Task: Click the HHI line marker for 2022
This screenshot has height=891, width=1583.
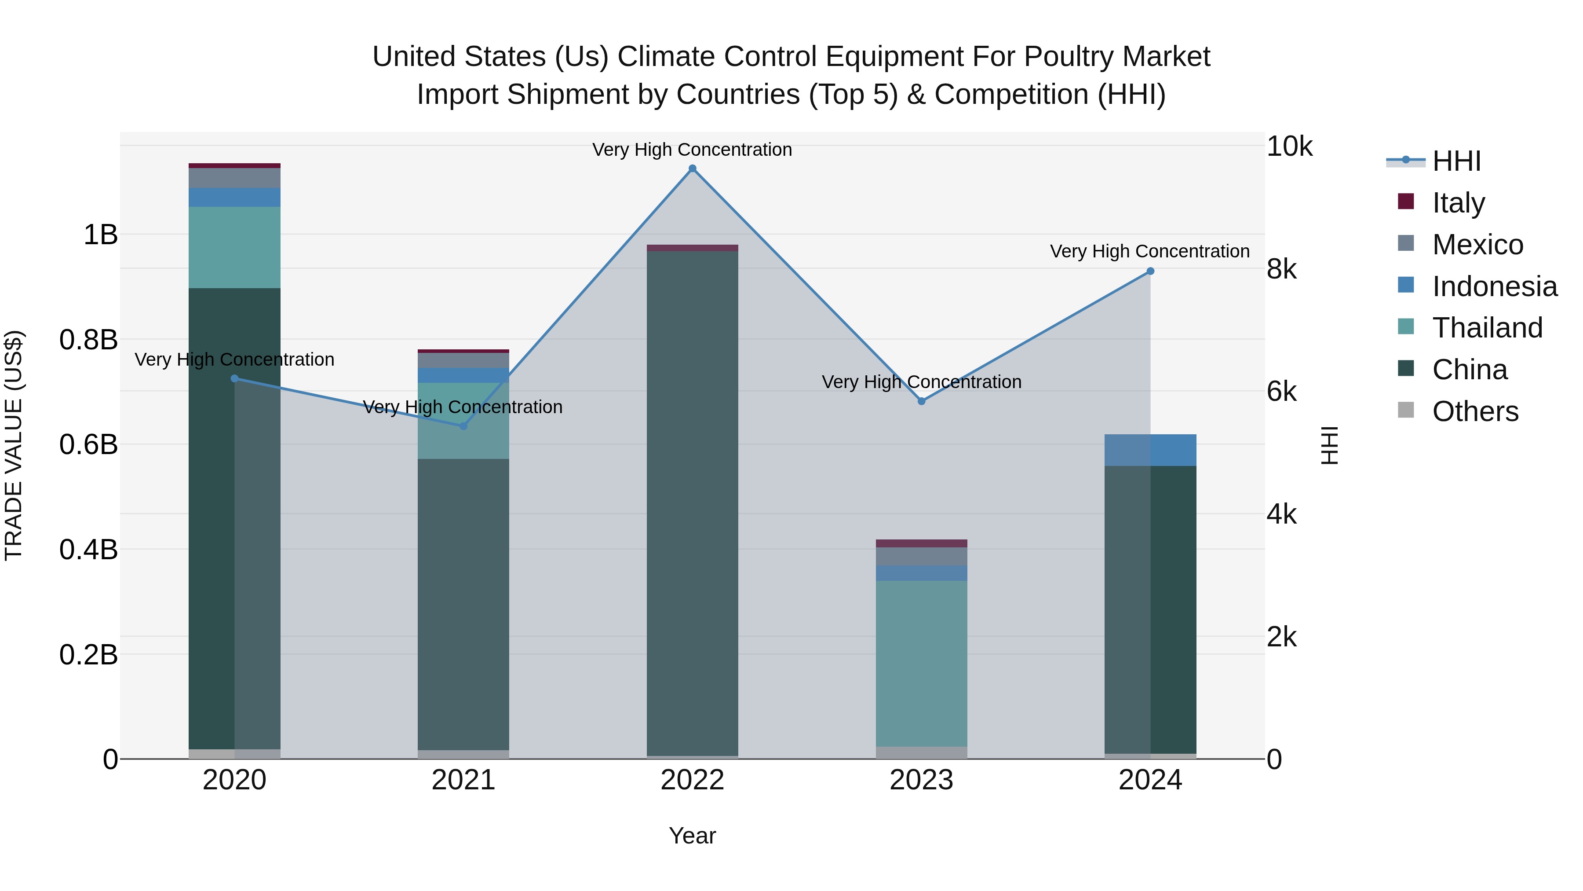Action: pos(693,169)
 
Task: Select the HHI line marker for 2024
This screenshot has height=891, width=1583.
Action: pos(1150,271)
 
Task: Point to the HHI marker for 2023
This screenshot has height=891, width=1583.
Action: pos(921,401)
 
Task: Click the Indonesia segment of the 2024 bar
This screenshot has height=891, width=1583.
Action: pos(1150,450)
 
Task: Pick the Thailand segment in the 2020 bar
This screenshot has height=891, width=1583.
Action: pos(234,247)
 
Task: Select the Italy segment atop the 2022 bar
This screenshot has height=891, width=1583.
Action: pos(693,248)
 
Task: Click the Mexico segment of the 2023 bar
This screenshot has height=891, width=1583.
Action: pos(921,557)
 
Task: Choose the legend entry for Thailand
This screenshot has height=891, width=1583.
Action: pos(1487,328)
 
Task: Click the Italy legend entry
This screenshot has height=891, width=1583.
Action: pos(1458,202)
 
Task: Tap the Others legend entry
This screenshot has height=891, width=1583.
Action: pos(1475,411)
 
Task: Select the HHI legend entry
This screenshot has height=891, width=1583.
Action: pos(1456,161)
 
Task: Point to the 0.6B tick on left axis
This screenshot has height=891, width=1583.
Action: pos(88,444)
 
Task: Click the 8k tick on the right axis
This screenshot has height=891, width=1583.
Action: pos(1282,269)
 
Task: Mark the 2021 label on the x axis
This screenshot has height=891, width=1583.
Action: pos(463,780)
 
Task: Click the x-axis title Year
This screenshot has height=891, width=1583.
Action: pos(693,836)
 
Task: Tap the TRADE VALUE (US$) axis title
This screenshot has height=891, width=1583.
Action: pos(14,445)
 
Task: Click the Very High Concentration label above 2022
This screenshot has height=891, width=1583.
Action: pos(693,150)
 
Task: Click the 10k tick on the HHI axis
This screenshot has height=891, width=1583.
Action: pos(1289,147)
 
